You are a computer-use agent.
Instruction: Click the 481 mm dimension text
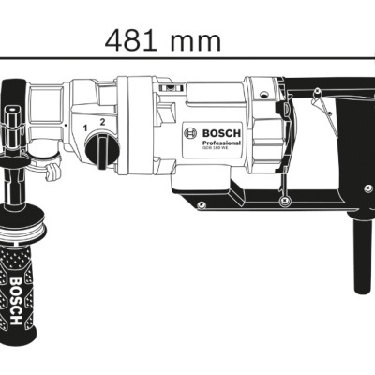tap(164, 40)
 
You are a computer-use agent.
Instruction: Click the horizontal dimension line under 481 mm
tap(187, 57)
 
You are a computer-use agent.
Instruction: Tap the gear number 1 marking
tap(86, 125)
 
